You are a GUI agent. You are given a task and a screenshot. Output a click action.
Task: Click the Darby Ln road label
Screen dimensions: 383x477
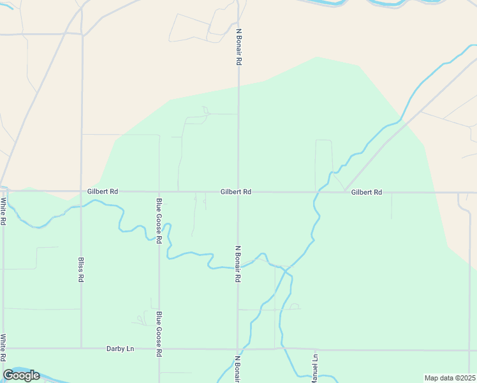tap(121, 349)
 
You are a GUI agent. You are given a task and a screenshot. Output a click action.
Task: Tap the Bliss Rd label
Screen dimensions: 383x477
tap(81, 270)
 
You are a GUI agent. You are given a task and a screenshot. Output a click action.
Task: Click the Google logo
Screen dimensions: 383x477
tap(21, 375)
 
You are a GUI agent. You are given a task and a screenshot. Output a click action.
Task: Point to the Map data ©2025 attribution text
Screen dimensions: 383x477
tap(450, 378)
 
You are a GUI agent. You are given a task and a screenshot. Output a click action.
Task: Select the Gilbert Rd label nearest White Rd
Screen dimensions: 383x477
tap(103, 191)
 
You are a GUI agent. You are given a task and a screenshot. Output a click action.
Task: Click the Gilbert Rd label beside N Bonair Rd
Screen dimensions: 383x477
tap(236, 191)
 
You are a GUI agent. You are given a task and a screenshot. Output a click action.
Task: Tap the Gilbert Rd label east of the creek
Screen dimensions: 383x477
tap(366, 191)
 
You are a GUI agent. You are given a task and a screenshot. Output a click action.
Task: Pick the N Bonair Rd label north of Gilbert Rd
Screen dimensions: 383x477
tap(238, 47)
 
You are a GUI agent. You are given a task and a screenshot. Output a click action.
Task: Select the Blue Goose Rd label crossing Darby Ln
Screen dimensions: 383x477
tap(159, 334)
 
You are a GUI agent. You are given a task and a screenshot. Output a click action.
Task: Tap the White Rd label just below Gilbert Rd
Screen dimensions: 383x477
tap(3, 211)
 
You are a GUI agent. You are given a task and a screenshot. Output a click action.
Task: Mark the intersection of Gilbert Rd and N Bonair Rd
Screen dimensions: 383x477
tap(238, 191)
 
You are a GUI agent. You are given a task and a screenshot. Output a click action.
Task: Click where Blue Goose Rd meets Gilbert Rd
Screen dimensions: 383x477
tap(159, 191)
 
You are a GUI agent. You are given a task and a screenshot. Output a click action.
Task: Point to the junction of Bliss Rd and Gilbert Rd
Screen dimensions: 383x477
tap(82, 191)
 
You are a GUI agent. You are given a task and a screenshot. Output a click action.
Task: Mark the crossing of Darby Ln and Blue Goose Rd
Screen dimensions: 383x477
tap(159, 349)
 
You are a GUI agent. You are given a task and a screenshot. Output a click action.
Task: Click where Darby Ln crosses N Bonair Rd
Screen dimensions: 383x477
tap(238, 349)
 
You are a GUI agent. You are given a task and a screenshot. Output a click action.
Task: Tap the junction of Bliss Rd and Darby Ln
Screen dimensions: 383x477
tap(81, 349)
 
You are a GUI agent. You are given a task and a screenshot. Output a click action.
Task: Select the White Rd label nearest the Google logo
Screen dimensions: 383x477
tap(3, 347)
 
